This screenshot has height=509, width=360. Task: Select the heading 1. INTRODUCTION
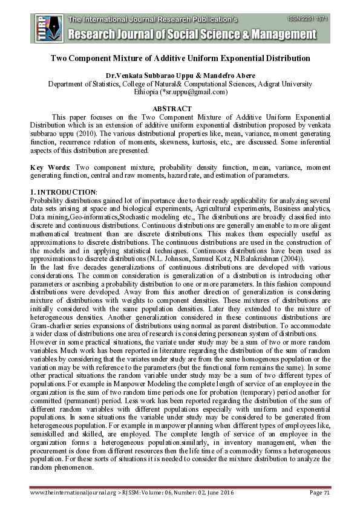[64, 192]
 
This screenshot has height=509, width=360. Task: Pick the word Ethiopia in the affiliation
[145, 92]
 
